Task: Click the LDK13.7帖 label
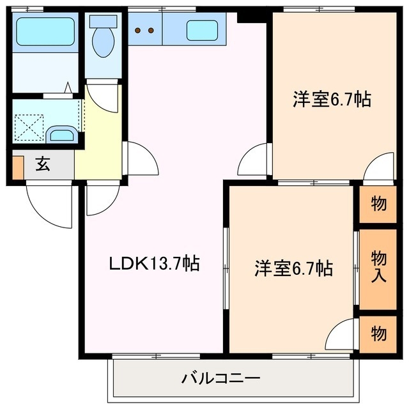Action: pos(153,263)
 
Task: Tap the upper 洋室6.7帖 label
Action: pos(332,100)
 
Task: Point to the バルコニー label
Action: pos(220,378)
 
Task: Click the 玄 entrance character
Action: pos(42,164)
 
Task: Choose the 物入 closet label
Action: pos(378,266)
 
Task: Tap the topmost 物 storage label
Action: pos(378,204)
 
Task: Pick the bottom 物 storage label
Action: pos(378,334)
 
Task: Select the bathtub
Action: pos(45,31)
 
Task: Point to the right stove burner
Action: pos(152,29)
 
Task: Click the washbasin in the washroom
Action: pos(62,135)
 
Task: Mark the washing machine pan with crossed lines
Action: pos(29,126)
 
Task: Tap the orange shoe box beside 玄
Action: pos(17,166)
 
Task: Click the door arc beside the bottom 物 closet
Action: pos(342,334)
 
